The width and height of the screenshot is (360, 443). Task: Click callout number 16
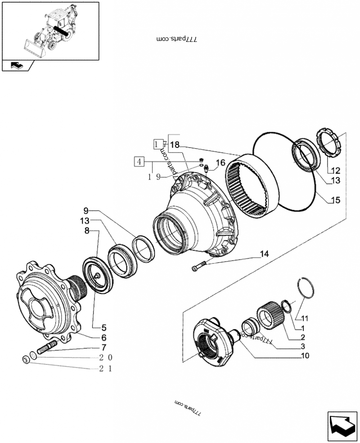point(220,162)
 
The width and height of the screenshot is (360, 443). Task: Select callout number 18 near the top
point(175,144)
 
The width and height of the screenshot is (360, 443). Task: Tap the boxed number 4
point(139,161)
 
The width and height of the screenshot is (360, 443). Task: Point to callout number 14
point(264,255)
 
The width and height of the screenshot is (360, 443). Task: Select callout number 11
point(305,318)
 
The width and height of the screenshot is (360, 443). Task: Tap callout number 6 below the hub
point(103,337)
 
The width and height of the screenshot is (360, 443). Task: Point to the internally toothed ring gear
point(252,186)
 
